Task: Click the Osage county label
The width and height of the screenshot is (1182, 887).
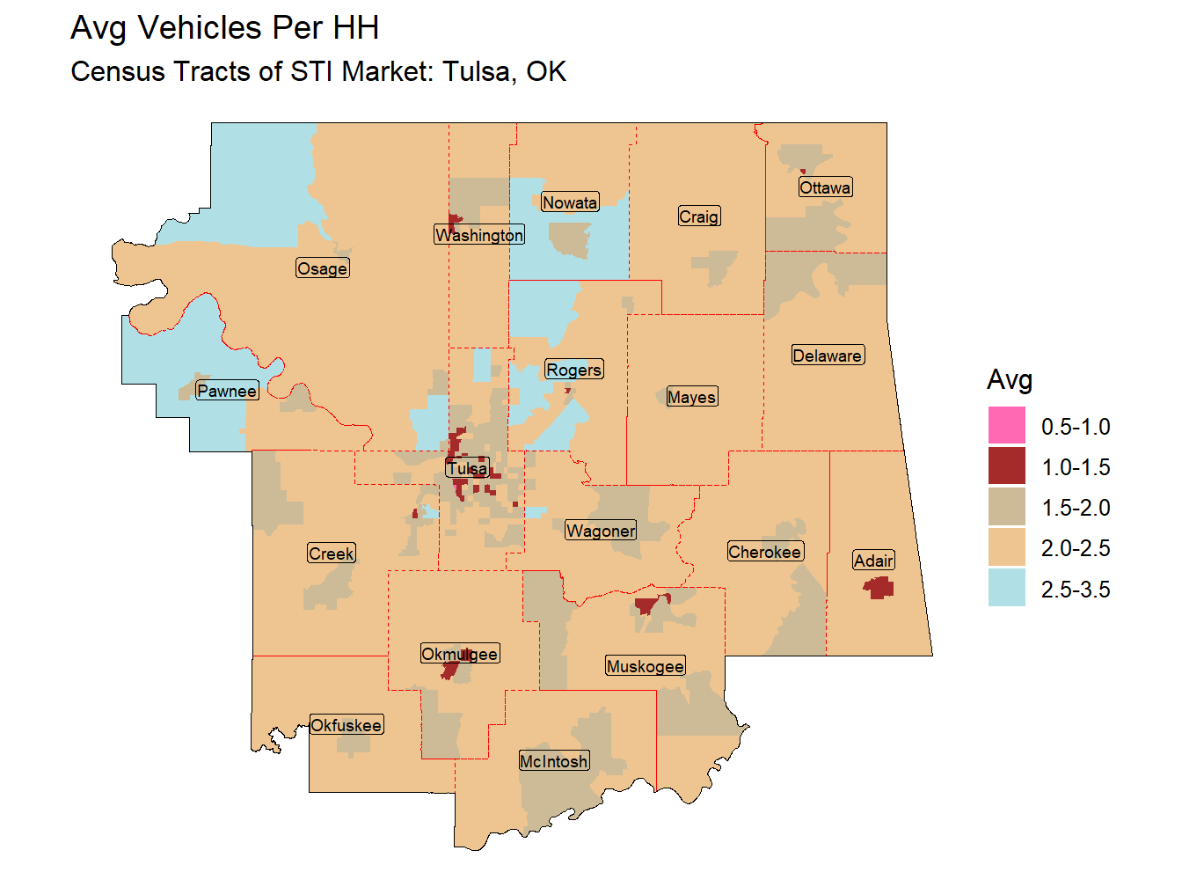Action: (x=323, y=268)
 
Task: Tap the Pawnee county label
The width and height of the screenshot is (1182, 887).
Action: (x=227, y=391)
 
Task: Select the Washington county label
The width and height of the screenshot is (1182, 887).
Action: (x=479, y=235)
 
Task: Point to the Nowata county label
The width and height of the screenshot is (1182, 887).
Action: (x=570, y=202)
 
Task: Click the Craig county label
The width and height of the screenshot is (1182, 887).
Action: (x=699, y=216)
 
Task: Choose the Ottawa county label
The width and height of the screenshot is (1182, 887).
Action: (x=825, y=187)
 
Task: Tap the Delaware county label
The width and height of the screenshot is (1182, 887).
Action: (x=828, y=356)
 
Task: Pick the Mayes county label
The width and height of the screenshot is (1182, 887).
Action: (x=692, y=397)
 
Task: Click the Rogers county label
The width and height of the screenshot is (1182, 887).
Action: (x=574, y=370)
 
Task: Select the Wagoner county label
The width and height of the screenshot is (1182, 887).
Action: (x=601, y=531)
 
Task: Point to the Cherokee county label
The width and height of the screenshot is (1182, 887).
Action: (x=765, y=552)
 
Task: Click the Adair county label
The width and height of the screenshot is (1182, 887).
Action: (x=874, y=561)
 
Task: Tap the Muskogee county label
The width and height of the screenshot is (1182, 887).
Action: (x=645, y=666)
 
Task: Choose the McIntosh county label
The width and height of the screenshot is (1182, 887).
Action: (x=554, y=761)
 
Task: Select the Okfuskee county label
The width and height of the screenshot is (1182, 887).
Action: (x=347, y=725)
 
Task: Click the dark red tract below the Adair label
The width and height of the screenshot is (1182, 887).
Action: (x=879, y=588)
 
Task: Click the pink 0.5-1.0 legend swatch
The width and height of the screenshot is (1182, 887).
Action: (x=1006, y=426)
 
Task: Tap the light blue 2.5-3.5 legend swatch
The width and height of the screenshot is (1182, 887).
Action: (x=1006, y=588)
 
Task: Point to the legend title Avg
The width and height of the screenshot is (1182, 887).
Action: (x=1009, y=380)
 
